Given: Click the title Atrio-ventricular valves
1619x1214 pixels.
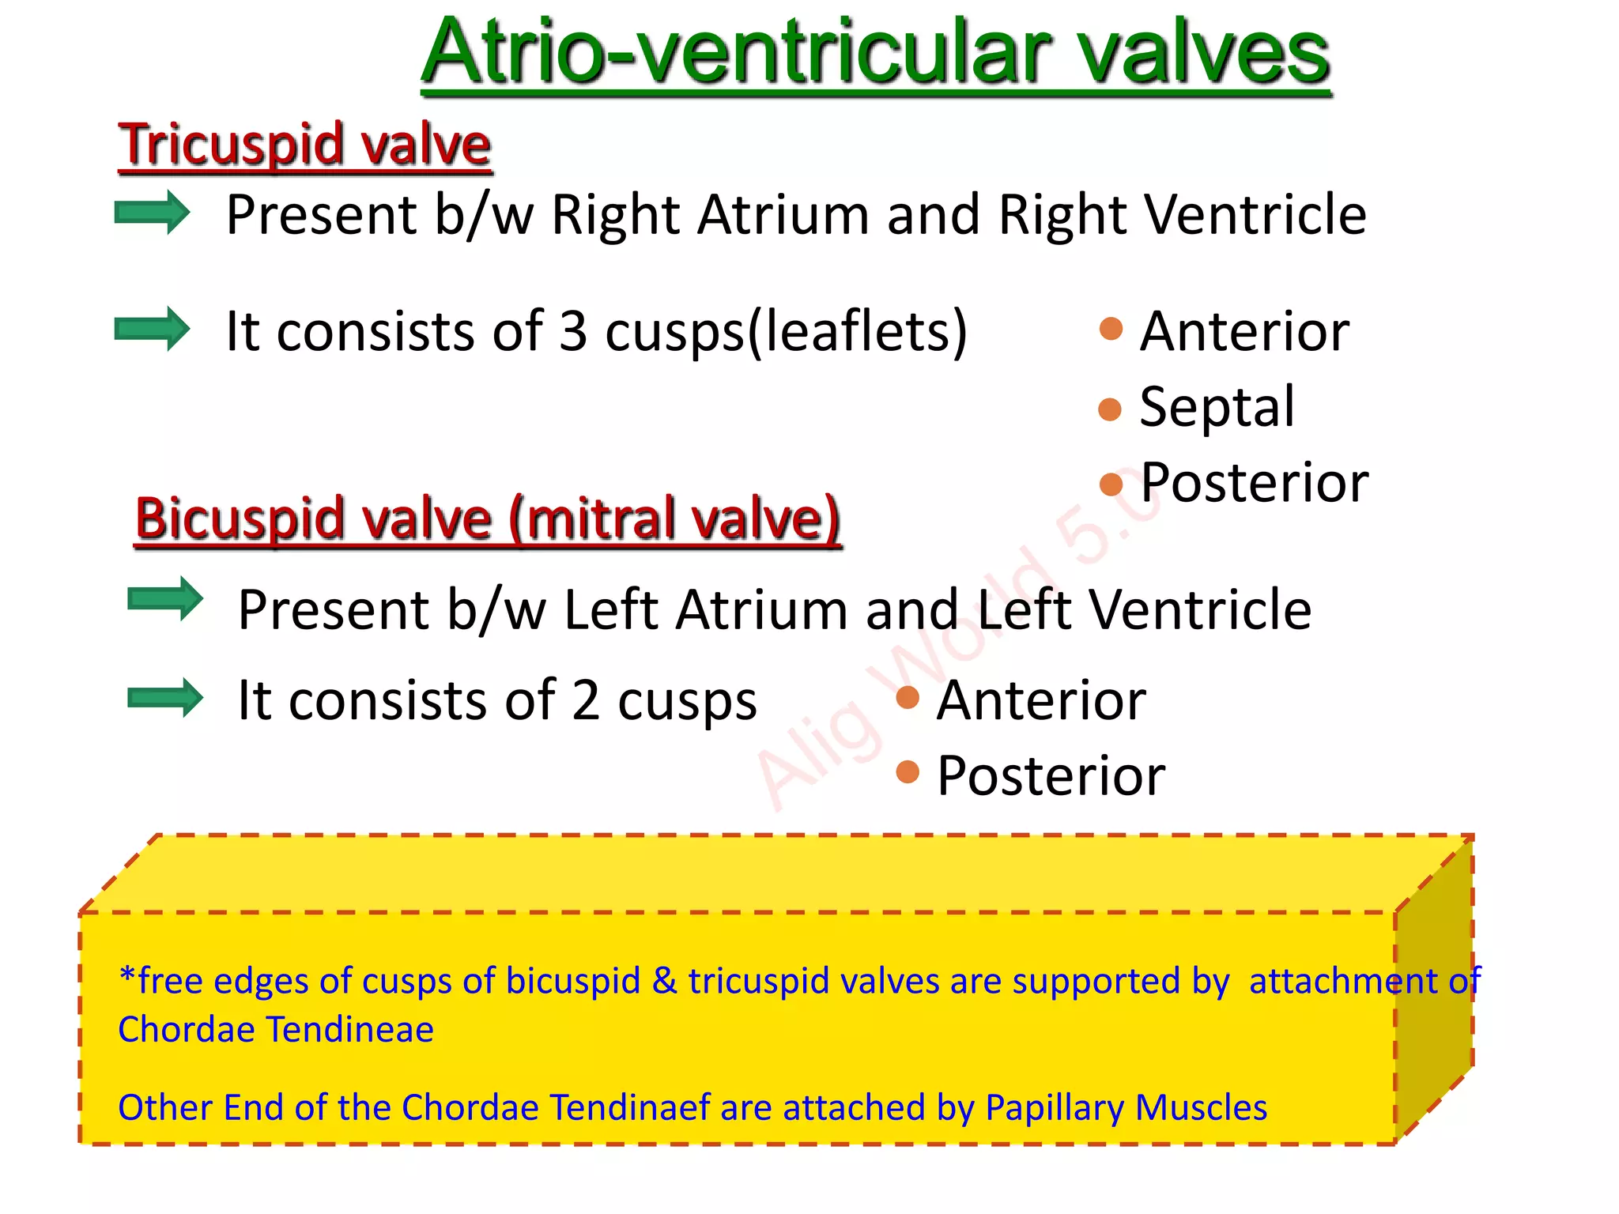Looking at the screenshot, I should (875, 54).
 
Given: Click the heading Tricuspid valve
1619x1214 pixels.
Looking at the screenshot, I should (304, 145).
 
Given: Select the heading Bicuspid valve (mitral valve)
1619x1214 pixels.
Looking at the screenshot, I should (488, 519).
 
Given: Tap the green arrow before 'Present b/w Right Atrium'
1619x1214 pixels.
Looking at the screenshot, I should (152, 213).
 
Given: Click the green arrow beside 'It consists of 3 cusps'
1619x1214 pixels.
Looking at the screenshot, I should (152, 329).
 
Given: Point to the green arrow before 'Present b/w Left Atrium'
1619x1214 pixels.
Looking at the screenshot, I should (164, 599).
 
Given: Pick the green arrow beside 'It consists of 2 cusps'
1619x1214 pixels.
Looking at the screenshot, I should (164, 698).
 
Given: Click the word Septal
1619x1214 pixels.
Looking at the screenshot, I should (1217, 407).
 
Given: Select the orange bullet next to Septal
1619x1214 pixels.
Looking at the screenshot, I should (1110, 409).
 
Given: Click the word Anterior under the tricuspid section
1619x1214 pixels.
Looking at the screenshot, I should (1244, 331).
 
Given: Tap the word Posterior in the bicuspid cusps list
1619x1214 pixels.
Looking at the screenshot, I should (1051, 775).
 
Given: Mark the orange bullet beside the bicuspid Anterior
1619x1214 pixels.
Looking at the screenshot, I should (908, 697).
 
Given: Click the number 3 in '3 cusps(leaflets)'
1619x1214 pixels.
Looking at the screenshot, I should (573, 331).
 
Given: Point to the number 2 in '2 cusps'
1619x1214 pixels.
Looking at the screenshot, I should (586, 700).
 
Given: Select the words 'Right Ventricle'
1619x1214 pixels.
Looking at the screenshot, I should (1182, 215).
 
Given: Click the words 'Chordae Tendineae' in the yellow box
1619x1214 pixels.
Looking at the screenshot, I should (276, 1030).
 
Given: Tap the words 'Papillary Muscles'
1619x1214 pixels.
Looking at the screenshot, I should (1126, 1108).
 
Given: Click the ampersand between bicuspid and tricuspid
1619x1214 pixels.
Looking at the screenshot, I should (664, 981).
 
